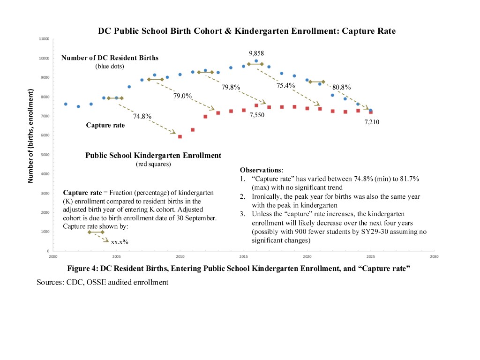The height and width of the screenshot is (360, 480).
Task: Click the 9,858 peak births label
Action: pos(256,53)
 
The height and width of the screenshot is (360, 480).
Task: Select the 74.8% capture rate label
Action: pos(142,116)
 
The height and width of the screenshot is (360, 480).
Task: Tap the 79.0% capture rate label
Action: pos(183,96)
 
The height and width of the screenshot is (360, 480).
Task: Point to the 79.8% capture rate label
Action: pos(231,87)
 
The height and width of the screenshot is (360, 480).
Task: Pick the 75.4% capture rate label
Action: pos(285,85)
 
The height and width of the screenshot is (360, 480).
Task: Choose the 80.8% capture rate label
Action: pos(341,87)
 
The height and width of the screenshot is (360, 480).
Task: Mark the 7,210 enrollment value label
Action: pos(372,122)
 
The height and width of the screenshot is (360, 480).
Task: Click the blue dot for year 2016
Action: pos(256,61)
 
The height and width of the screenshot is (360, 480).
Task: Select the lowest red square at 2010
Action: pos(180,137)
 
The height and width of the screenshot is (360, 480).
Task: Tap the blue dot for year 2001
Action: pos(66,104)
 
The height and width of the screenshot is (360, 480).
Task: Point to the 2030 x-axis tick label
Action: pos(434,257)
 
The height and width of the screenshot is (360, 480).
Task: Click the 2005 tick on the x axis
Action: pos(116,257)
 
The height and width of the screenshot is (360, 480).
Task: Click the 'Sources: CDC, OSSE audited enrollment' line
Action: pos(102,282)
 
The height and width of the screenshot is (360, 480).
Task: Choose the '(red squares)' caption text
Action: pos(153,164)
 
